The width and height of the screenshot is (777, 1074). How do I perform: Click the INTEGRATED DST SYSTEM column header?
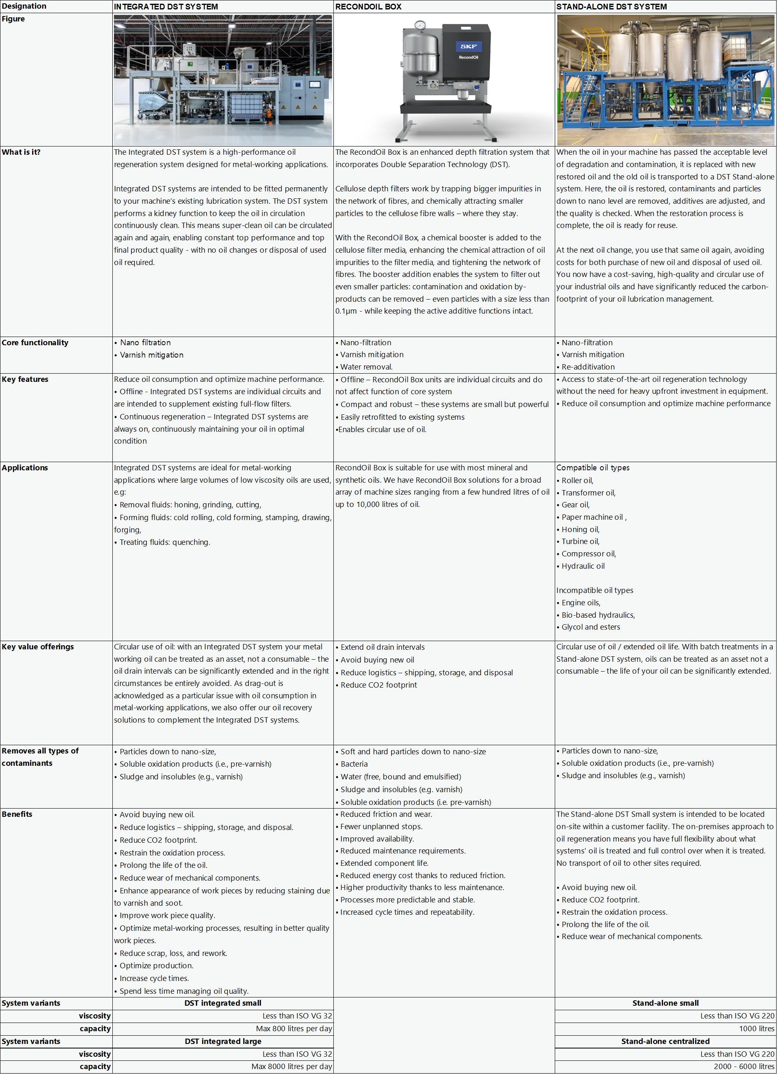[166, 7]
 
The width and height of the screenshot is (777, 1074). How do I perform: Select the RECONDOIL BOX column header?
[368, 7]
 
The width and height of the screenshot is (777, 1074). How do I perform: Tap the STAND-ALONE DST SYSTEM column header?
[611, 7]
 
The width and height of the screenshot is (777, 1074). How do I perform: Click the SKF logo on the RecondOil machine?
[468, 46]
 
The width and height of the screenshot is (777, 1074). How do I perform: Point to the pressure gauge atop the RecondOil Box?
[419, 26]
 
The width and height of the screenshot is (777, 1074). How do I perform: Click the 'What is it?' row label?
[21, 152]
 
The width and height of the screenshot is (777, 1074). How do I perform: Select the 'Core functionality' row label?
[35, 342]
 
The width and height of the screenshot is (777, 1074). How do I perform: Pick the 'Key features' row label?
[25, 379]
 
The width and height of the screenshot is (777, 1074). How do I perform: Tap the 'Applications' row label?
[25, 467]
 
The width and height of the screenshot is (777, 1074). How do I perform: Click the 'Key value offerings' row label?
[38, 646]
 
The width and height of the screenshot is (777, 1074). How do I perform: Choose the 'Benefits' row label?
[17, 814]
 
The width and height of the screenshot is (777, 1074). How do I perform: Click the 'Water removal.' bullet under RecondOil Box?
[366, 367]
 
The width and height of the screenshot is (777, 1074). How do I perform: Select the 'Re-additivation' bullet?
[588, 367]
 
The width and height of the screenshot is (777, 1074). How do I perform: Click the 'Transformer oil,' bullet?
[588, 493]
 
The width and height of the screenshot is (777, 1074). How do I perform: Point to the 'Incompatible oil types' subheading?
[595, 590]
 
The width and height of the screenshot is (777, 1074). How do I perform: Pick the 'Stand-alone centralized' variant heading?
[665, 1041]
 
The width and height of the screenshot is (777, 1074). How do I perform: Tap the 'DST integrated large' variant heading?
[223, 1041]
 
